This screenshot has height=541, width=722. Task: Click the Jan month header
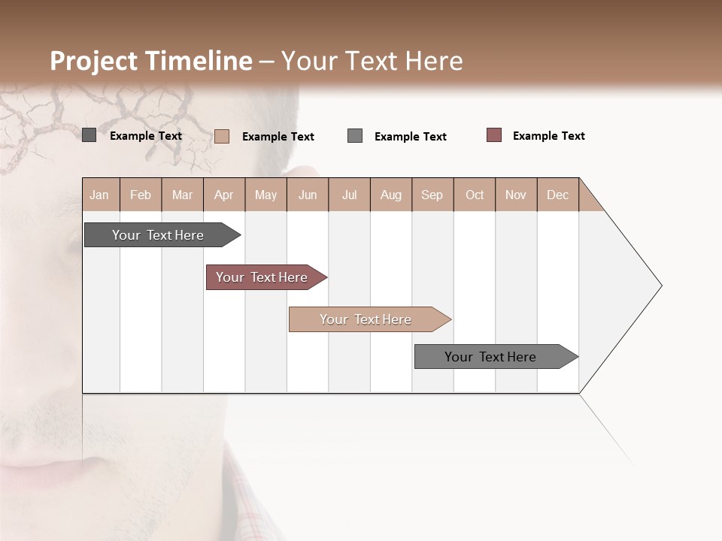point(99,195)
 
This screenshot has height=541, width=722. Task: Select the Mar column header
point(182,195)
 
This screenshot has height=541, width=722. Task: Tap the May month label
point(265,195)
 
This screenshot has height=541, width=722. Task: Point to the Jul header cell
point(349,195)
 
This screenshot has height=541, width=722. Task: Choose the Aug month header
point(390,195)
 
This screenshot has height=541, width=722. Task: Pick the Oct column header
point(475,195)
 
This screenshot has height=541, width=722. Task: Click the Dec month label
point(557,195)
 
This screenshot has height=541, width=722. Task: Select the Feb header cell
point(141,195)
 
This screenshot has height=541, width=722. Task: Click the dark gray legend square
point(89,135)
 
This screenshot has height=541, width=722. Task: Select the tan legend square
point(222,136)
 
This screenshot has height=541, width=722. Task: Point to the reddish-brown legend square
point(494,135)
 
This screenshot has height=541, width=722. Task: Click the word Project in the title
point(94,61)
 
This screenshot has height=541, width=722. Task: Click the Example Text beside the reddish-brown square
point(548,136)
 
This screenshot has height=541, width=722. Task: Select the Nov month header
point(516,195)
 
